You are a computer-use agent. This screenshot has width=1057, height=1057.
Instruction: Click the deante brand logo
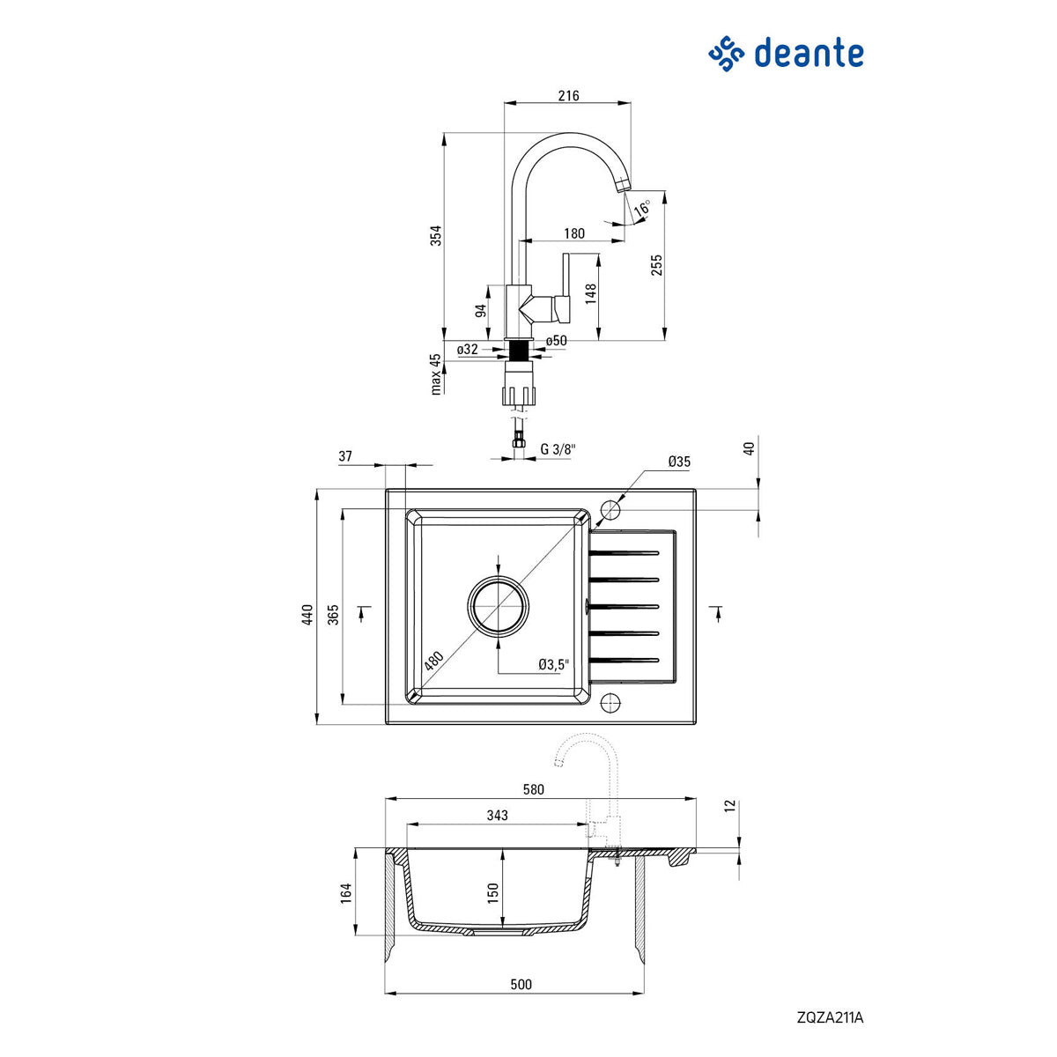point(786,54)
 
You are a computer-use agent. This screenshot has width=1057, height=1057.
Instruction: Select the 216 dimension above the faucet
point(569,95)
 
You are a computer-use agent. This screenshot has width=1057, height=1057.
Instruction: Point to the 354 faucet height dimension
point(434,236)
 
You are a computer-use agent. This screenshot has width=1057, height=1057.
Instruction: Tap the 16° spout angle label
point(644,210)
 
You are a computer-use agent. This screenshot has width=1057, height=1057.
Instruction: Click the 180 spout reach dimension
point(573,233)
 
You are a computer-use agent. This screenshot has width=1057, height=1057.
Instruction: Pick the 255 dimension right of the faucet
point(657,265)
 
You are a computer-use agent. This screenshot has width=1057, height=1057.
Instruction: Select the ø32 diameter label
point(467,350)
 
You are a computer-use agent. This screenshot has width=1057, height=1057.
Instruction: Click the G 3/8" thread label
point(558,449)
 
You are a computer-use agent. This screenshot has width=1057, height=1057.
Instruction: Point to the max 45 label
point(435,373)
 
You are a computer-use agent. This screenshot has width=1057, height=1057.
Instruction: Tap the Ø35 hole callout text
point(679,461)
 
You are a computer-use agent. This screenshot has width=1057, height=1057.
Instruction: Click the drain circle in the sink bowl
point(499,606)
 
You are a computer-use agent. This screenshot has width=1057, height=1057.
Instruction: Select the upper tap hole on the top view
point(610,510)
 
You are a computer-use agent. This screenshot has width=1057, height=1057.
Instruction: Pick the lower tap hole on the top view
point(610,702)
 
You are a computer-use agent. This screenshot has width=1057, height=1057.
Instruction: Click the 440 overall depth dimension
point(307,614)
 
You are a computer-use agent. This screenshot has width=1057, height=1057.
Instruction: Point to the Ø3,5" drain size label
point(554,664)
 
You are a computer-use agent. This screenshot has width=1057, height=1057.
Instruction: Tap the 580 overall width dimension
point(534,789)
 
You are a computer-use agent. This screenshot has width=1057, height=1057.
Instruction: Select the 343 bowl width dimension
point(497,815)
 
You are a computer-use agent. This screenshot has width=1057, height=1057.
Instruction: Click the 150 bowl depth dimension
point(493,892)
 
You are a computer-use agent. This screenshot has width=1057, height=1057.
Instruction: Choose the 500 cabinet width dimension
point(521,984)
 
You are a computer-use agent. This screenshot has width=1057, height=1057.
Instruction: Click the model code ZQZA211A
point(830,1017)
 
